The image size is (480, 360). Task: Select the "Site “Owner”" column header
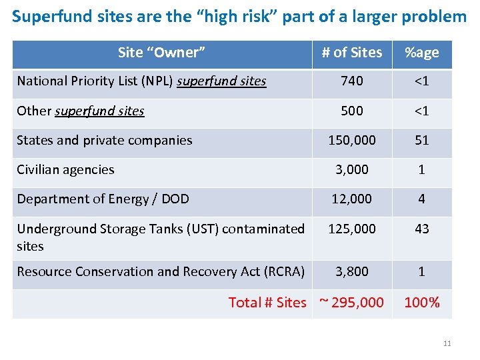click(x=161, y=53)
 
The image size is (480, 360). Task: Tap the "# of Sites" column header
click(x=352, y=53)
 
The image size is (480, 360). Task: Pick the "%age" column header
click(x=421, y=53)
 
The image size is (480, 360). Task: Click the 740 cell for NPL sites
click(x=352, y=81)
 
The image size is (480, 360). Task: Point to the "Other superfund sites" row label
click(x=81, y=111)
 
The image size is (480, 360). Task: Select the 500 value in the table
click(x=352, y=111)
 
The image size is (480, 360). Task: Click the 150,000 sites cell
click(x=352, y=140)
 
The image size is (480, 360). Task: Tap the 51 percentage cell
click(x=421, y=140)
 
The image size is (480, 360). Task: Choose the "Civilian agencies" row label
click(x=65, y=170)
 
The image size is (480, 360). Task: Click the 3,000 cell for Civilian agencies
click(x=352, y=170)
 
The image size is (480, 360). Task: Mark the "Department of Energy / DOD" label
click(x=103, y=199)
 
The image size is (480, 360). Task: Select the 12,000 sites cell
click(x=352, y=199)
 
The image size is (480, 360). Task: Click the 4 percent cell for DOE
click(x=421, y=199)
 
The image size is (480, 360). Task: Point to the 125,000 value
click(x=352, y=229)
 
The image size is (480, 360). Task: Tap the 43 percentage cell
click(x=421, y=229)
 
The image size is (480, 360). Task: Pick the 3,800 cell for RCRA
click(x=352, y=271)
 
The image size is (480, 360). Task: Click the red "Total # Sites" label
click(x=267, y=303)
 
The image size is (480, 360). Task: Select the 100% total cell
click(x=421, y=303)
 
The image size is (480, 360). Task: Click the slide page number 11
click(x=447, y=343)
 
